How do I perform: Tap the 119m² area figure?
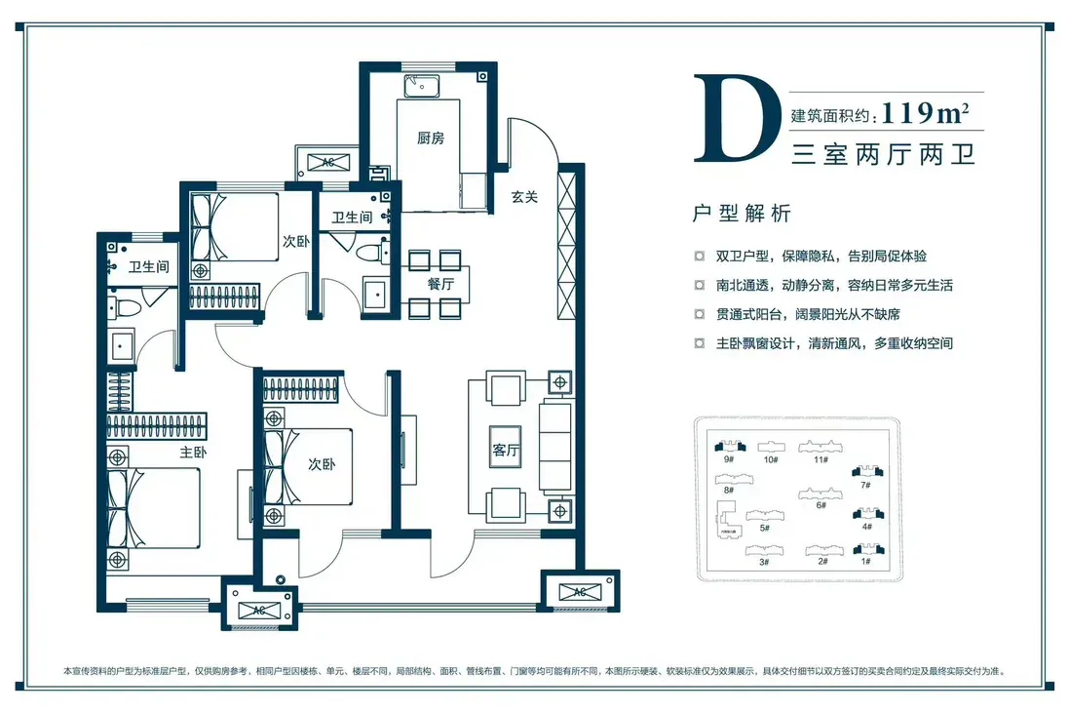pos(925,112)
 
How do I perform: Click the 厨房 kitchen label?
pos(430,138)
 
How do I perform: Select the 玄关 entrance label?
pos(524,196)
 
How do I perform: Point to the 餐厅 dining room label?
pos(440,284)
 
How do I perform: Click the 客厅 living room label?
pos(506,450)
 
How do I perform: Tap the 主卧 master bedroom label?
pos(193,452)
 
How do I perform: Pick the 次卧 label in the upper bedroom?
pos(296,241)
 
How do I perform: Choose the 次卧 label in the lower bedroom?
pos(322,464)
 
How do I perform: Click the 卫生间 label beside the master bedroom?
pos(149,266)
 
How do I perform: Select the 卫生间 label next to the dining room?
pos(352,217)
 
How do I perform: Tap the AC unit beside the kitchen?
pos(328,162)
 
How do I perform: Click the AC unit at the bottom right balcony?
pos(580,591)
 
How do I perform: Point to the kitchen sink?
pos(422,87)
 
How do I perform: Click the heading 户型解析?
pos(741,214)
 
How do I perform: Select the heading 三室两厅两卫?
pos(884,155)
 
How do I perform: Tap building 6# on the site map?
pos(821,497)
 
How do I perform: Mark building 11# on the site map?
pos(821,452)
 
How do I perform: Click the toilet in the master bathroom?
pos(124,307)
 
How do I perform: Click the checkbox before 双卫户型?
pos(700,257)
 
